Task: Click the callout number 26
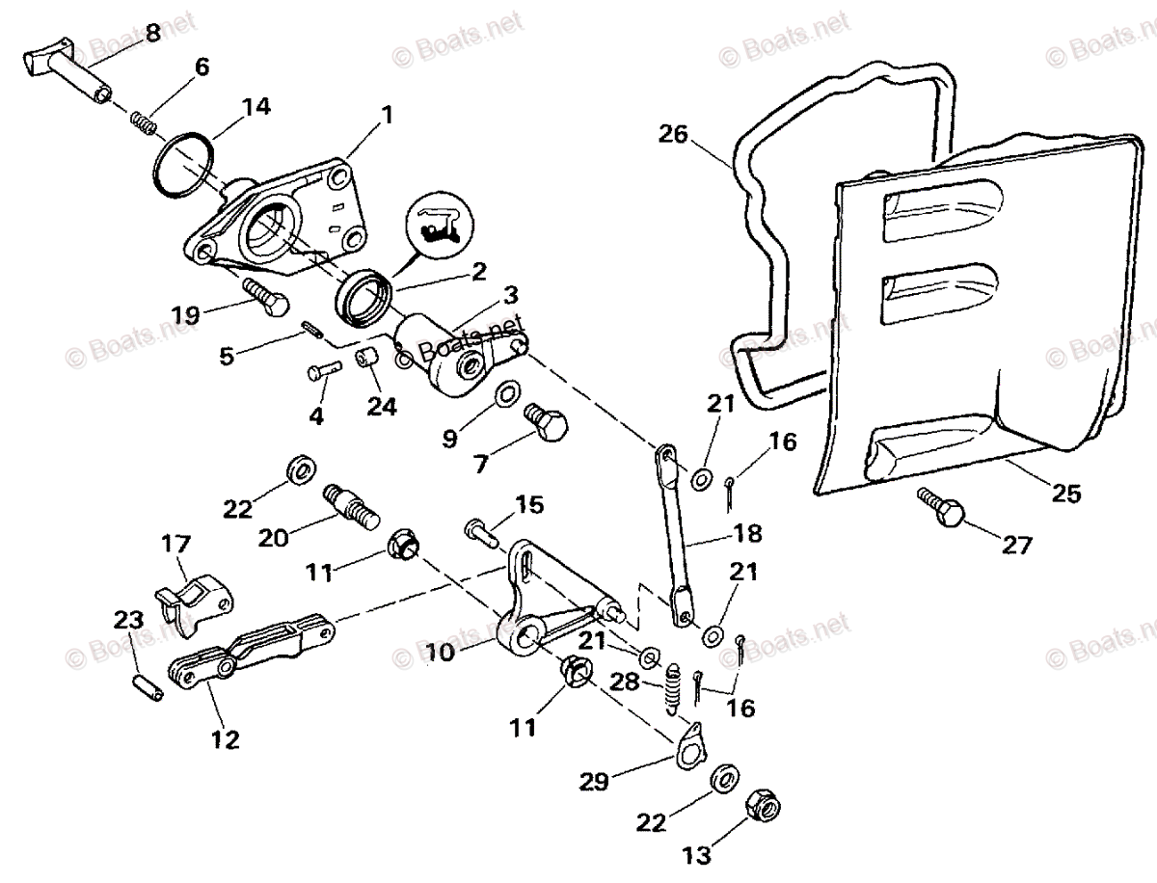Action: [x=674, y=133]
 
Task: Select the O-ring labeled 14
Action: [x=183, y=166]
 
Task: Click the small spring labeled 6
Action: [x=144, y=122]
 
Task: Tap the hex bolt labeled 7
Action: [x=546, y=422]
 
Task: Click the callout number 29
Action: [x=594, y=780]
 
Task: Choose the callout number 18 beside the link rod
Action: [x=747, y=533]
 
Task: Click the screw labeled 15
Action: [x=479, y=529]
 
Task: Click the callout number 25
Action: [x=1067, y=494]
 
